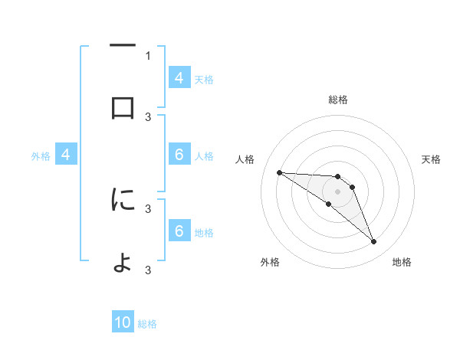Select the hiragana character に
[123, 200]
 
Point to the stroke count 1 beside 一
[148, 55]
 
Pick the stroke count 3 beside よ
[148, 270]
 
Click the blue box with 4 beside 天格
[179, 78]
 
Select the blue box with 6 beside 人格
[179, 155]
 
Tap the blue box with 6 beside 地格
[179, 231]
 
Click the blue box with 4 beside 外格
[65, 155]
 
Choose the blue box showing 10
[123, 323]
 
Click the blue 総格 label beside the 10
[147, 324]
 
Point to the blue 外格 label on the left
[41, 155]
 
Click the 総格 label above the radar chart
[337, 100]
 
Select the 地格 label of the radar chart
[402, 262]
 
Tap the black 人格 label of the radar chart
[245, 159]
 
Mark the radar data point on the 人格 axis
[279, 172]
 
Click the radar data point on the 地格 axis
[374, 242]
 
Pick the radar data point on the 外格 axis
[328, 204]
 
